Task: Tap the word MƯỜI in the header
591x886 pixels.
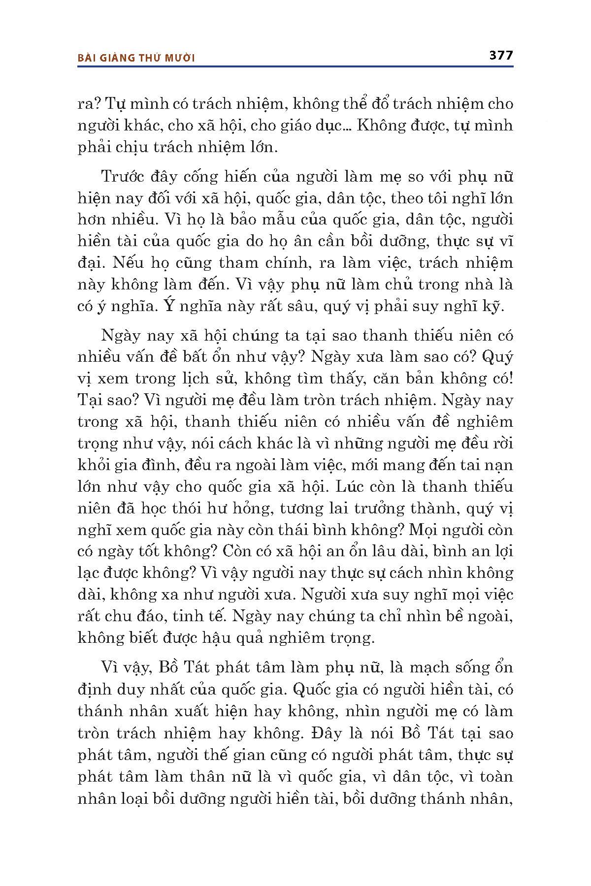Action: tap(178, 58)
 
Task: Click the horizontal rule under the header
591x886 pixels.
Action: tap(295, 66)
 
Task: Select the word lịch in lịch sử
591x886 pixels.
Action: tap(193, 379)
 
